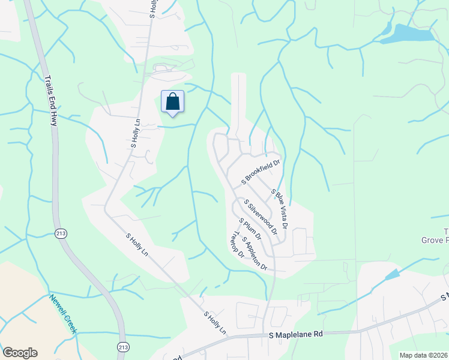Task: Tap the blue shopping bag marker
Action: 172,101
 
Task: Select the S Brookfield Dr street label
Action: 261,171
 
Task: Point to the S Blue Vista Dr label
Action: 280,208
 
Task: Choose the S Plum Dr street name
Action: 250,229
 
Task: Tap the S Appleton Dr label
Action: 255,253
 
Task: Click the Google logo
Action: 20,353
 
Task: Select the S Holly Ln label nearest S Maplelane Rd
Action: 214,323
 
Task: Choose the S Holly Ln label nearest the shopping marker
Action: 135,132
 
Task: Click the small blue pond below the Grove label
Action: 391,275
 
